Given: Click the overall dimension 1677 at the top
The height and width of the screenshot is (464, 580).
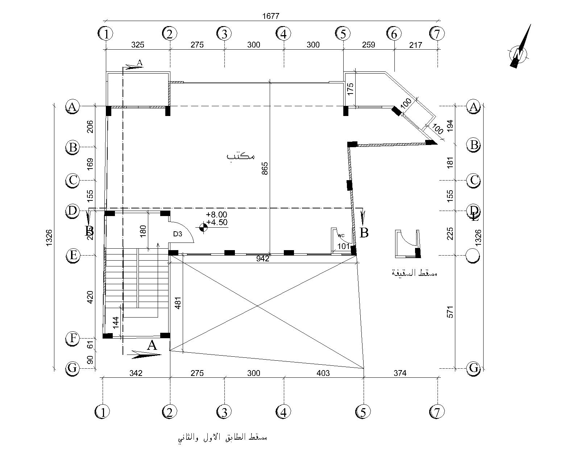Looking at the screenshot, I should pos(271,16).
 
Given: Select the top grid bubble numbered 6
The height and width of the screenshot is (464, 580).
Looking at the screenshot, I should pos(394,34).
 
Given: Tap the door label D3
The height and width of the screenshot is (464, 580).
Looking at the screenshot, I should pos(178,234).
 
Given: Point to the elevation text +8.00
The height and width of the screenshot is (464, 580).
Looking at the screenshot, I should pos(217,215).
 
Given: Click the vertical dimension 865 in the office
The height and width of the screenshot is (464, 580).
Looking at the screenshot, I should pos(265,169).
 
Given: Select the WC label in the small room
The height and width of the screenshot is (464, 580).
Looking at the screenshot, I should pos(341,236).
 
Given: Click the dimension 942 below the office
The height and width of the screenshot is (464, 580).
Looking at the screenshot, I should pos(262,258).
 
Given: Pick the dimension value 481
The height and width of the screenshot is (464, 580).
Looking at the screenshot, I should pos(178,301).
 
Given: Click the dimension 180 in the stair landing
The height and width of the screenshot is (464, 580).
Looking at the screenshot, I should pos(142,231).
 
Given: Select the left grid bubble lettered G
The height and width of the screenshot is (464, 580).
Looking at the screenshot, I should pos(72,368).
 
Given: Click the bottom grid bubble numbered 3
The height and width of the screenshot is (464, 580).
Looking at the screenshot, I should pos(224,412).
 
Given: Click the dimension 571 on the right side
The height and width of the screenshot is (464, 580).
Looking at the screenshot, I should pos(450,312).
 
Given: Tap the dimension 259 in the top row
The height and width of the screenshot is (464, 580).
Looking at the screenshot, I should pos(368,45).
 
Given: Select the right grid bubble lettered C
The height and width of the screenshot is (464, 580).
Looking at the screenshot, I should pos(474,180).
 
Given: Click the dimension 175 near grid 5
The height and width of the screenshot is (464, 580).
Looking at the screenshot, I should pos(350,89).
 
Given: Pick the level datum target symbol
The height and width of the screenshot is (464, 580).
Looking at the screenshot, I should pos(203,227).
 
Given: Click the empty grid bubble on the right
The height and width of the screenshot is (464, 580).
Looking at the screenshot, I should pos(473,256).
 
